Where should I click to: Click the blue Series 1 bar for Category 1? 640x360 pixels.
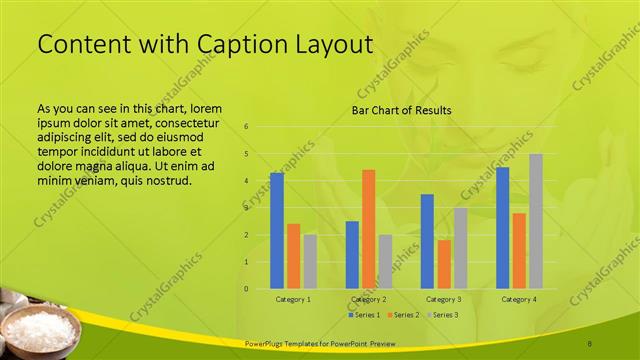(x=277, y=231)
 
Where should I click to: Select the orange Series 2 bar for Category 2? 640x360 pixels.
(x=368, y=229)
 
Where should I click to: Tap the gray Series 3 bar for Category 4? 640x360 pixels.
(x=536, y=221)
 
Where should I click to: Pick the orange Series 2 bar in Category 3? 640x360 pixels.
(x=444, y=264)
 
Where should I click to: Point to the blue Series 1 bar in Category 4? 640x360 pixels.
(x=503, y=228)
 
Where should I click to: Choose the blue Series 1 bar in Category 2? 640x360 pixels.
(x=352, y=255)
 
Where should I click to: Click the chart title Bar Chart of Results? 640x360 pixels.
(x=401, y=110)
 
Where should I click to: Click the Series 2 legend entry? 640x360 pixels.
(x=402, y=315)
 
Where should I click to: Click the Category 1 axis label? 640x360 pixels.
(x=293, y=299)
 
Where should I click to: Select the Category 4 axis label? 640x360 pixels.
(x=519, y=299)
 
